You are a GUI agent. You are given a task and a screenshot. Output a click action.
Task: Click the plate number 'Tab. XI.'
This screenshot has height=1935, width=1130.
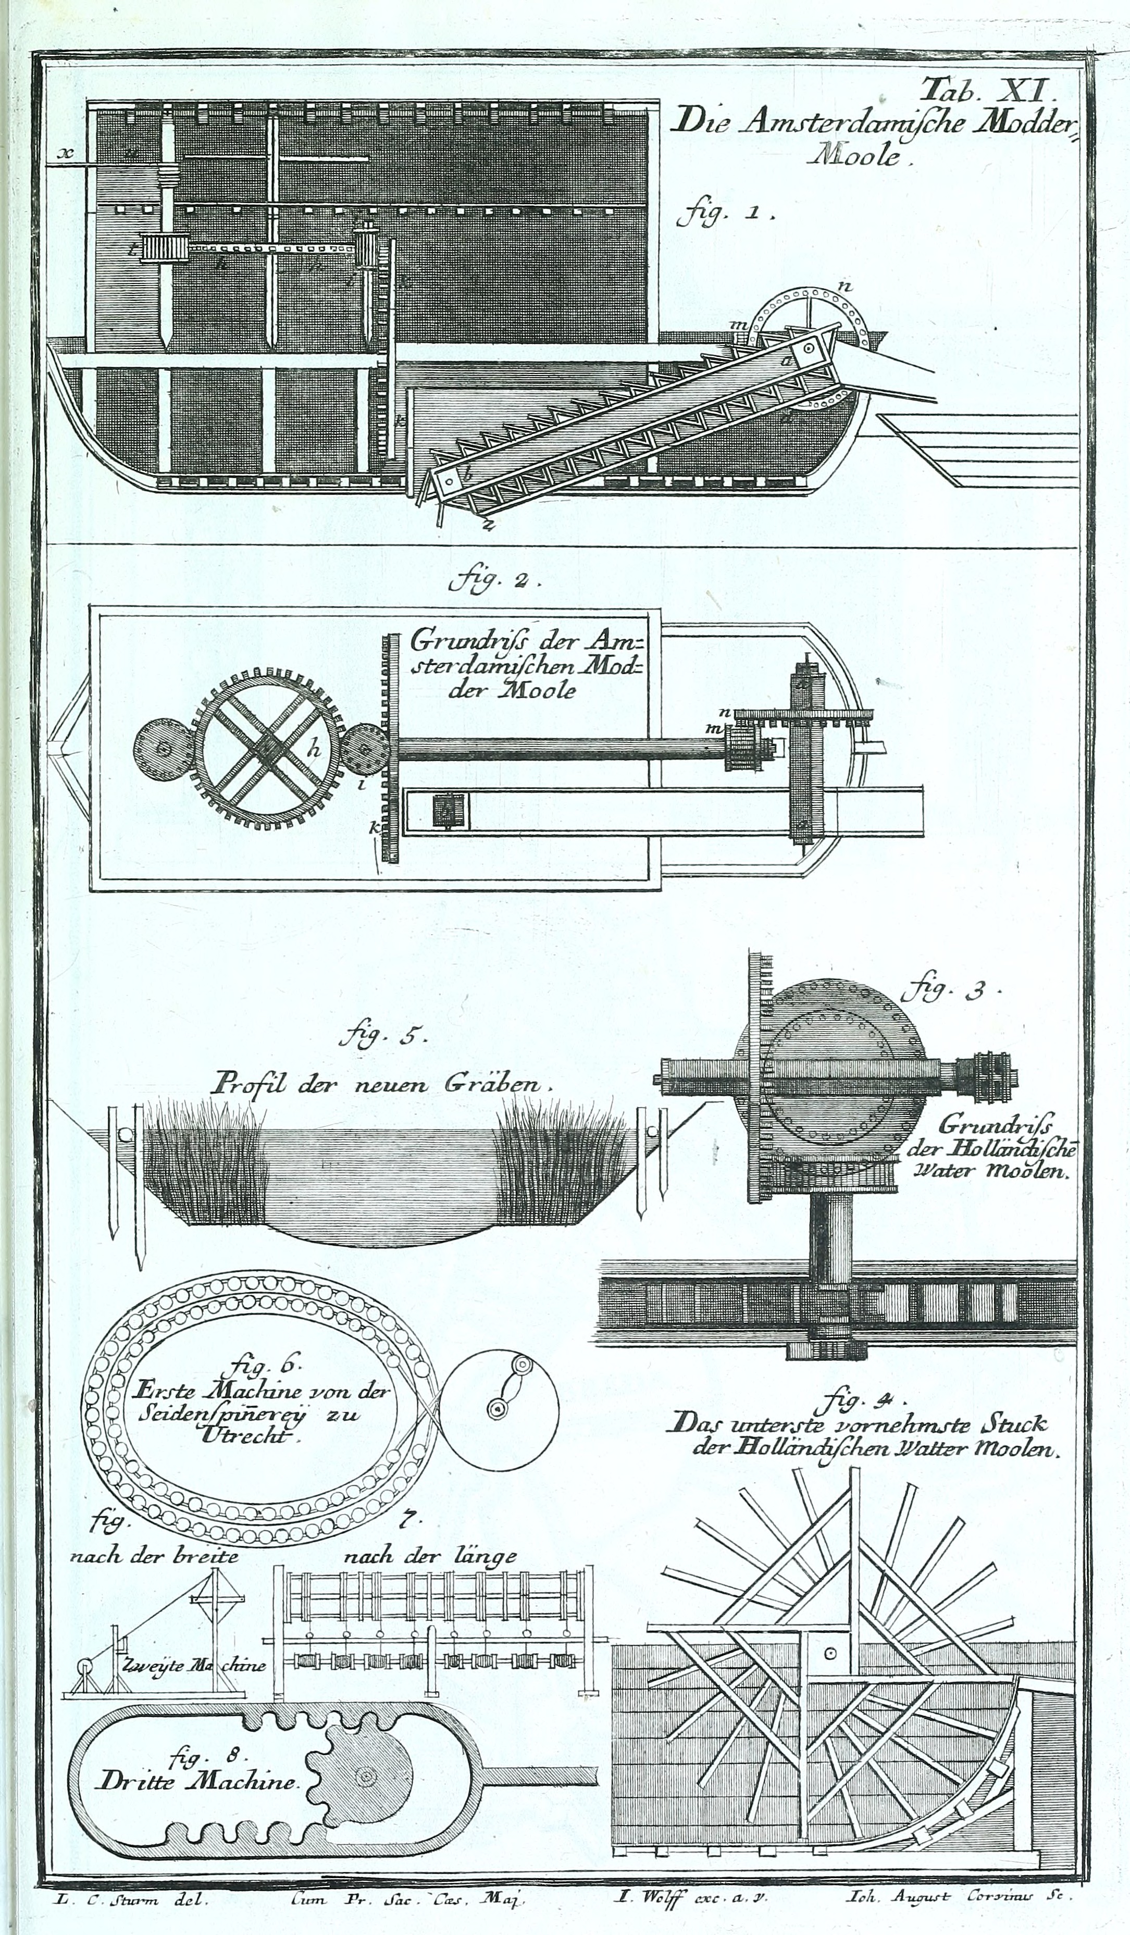coord(991,91)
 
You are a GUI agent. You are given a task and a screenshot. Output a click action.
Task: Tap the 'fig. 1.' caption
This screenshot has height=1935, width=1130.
coord(725,215)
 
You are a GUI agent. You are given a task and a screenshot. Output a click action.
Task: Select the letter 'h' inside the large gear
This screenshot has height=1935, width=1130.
coord(313,751)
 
